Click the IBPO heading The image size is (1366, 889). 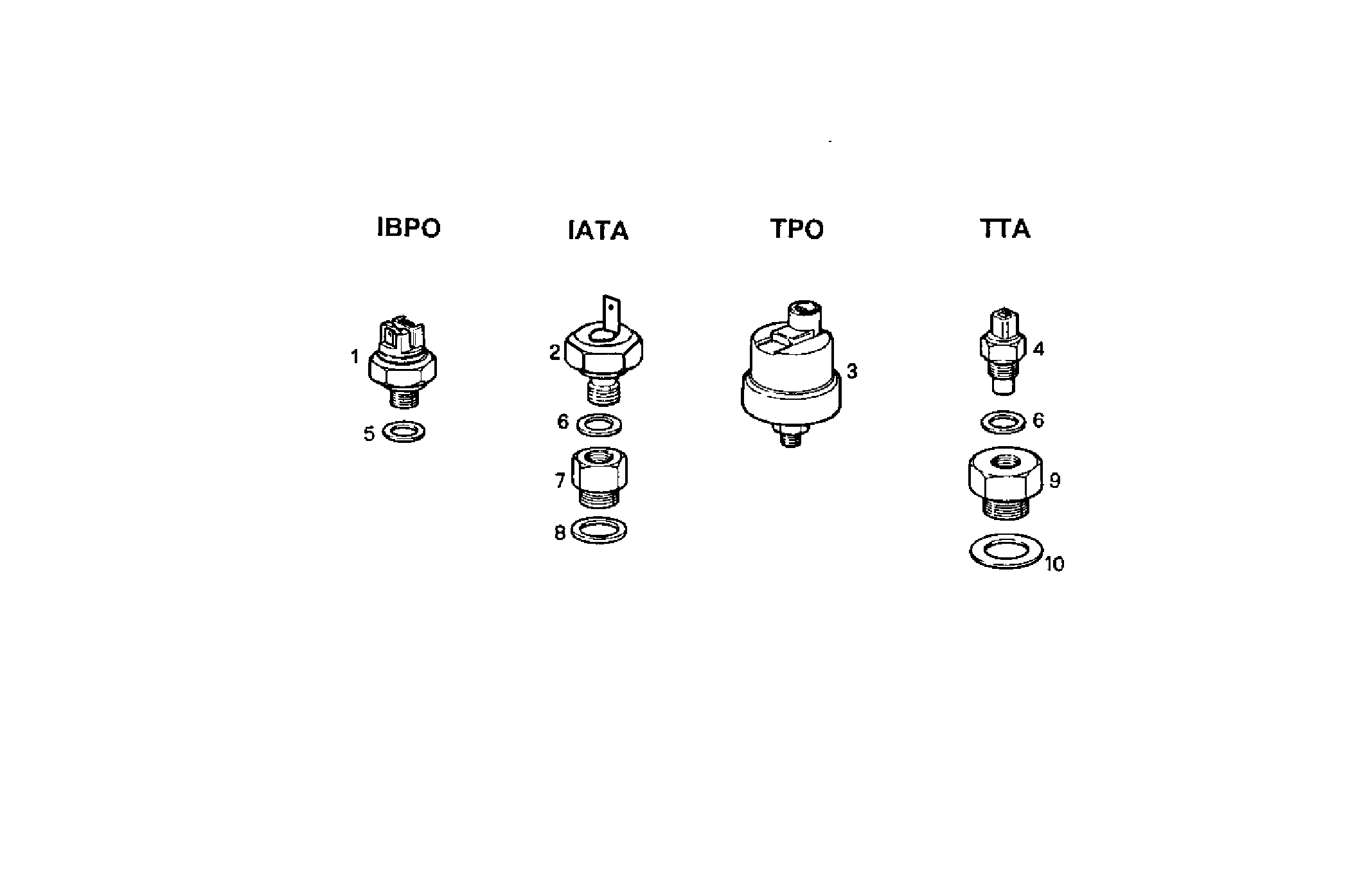pos(409,228)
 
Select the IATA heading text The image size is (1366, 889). pos(598,230)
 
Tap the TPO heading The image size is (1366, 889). pos(797,229)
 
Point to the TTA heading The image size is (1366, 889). pos(1006,229)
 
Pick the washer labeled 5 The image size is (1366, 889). pos(404,431)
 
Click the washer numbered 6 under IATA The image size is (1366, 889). pos(599,425)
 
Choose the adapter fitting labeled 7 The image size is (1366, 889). pos(599,479)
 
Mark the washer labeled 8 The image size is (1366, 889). pos(599,531)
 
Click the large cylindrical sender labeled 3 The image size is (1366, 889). pos(790,379)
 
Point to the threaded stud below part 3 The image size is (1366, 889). pos(790,438)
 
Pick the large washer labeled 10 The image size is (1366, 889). pos(1005,551)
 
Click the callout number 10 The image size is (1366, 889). pos(1054,564)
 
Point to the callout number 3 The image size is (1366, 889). pos(852,372)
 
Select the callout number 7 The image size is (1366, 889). pos(560,481)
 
